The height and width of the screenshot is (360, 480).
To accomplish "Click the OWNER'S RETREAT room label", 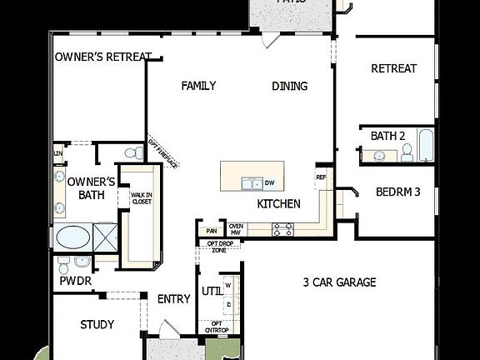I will click(x=102, y=57).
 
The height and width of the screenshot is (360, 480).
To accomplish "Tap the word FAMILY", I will click(x=198, y=85).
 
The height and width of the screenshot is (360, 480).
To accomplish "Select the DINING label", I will click(x=289, y=85).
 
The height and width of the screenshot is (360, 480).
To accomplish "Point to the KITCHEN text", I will click(x=277, y=203).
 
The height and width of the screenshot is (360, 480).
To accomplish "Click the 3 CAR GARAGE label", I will click(x=339, y=282).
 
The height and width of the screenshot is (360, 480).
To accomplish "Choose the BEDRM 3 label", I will click(x=398, y=192).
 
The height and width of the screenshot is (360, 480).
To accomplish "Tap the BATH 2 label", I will click(x=387, y=135).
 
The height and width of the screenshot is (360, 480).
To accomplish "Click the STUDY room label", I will click(x=97, y=324).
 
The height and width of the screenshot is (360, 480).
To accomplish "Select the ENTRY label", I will click(x=174, y=299).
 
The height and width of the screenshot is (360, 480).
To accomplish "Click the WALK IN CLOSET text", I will click(x=141, y=197).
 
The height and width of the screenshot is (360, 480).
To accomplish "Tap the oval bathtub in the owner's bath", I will click(x=73, y=237).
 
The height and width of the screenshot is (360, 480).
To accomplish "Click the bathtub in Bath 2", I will click(x=425, y=147).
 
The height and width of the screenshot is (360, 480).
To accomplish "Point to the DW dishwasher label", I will click(x=269, y=182).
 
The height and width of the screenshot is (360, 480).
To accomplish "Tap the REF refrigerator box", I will click(x=321, y=177).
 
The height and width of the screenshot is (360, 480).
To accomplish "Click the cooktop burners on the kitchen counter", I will click(x=282, y=229).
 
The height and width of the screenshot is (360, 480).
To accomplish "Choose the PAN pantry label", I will click(x=211, y=231).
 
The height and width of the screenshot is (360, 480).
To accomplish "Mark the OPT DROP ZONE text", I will click(x=218, y=247).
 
